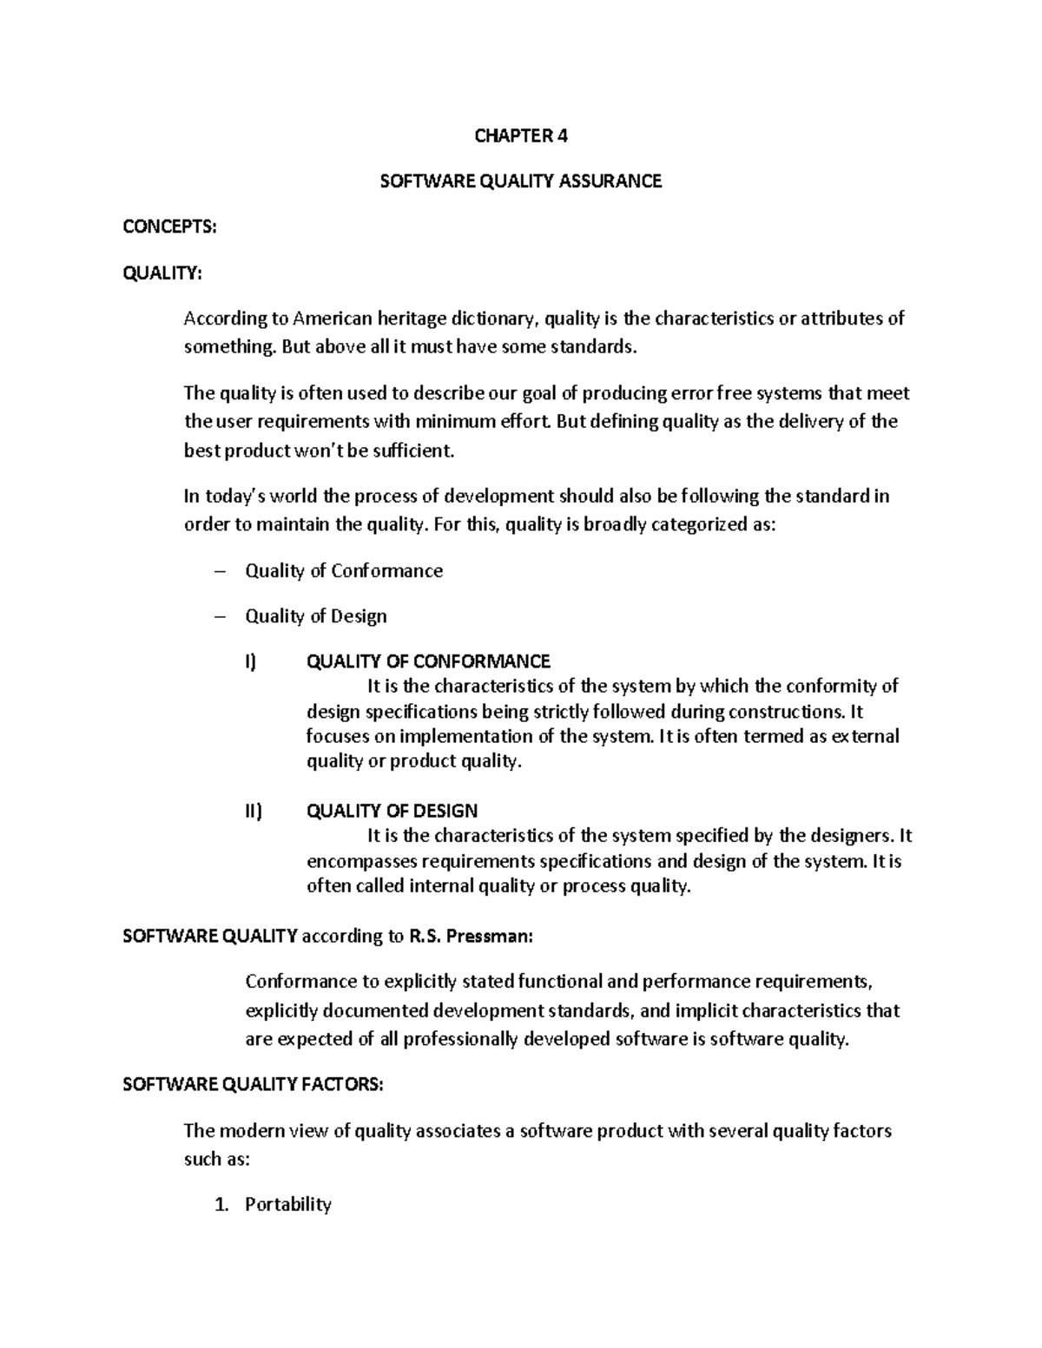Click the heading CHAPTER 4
pos(521,135)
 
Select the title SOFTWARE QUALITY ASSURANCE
pos(521,181)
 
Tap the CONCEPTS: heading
pos(169,227)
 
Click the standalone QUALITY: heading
pos(162,273)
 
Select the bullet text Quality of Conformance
pos(344,571)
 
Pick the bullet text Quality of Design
pos(316,616)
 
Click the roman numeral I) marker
pos(251,662)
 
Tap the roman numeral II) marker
pos(253,812)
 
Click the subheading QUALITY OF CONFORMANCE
pos(429,662)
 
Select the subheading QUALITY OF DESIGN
pos(392,812)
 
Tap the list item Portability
pos(288,1205)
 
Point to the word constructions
pos(784,712)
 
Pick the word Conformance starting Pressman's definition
pos(301,982)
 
